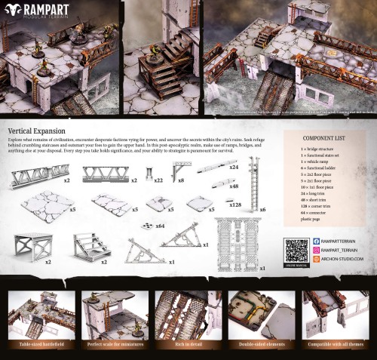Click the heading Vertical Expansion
pos(38,131)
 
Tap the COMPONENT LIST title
pos(325,139)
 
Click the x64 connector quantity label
pos(159,226)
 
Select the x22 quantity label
pos(158,181)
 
